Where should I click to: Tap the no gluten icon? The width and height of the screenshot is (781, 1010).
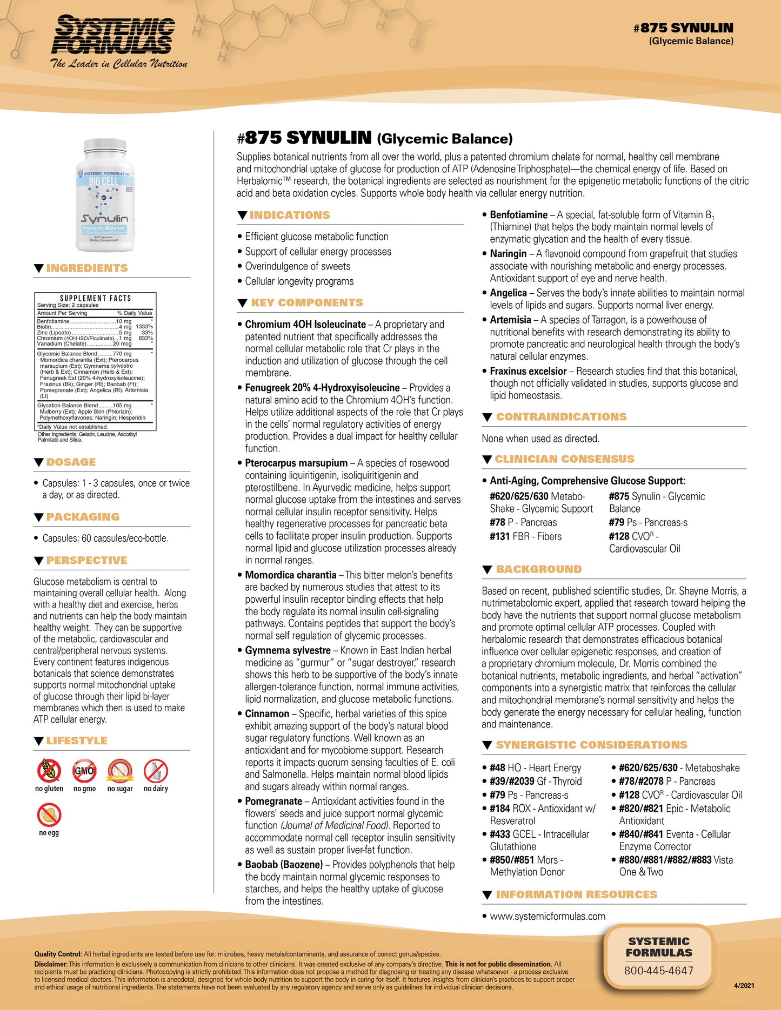pyautogui.click(x=49, y=771)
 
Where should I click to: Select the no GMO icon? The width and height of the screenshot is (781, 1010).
pyautogui.click(x=84, y=771)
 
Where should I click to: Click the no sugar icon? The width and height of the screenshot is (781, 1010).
pyautogui.click(x=120, y=771)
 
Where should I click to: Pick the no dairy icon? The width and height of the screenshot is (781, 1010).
pyautogui.click(x=156, y=771)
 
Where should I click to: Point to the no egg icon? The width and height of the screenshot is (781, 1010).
pyautogui.click(x=49, y=815)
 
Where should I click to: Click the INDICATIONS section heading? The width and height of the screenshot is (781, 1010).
pyautogui.click(x=290, y=215)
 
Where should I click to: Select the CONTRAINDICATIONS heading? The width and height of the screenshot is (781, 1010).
pyautogui.click(x=561, y=417)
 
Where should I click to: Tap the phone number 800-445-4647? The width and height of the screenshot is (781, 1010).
pyautogui.click(x=658, y=971)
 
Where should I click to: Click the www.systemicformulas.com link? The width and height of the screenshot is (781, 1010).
pyautogui.click(x=548, y=916)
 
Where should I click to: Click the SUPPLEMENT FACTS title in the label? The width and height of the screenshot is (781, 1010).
pyautogui.click(x=96, y=298)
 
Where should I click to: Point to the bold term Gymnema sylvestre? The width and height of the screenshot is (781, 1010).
pyautogui.click(x=288, y=651)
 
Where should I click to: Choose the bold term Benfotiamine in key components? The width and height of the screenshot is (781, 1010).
pyautogui.click(x=518, y=215)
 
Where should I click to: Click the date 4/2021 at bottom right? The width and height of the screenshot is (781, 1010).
pyautogui.click(x=744, y=985)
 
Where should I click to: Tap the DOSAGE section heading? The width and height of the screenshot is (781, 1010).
pyautogui.click(x=71, y=462)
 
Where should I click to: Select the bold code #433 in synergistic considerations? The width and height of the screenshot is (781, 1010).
pyautogui.click(x=500, y=834)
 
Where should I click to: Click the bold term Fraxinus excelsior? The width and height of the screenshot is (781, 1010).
pyautogui.click(x=528, y=372)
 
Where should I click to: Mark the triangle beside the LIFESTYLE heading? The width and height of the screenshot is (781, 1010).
pyautogui.click(x=38, y=741)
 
